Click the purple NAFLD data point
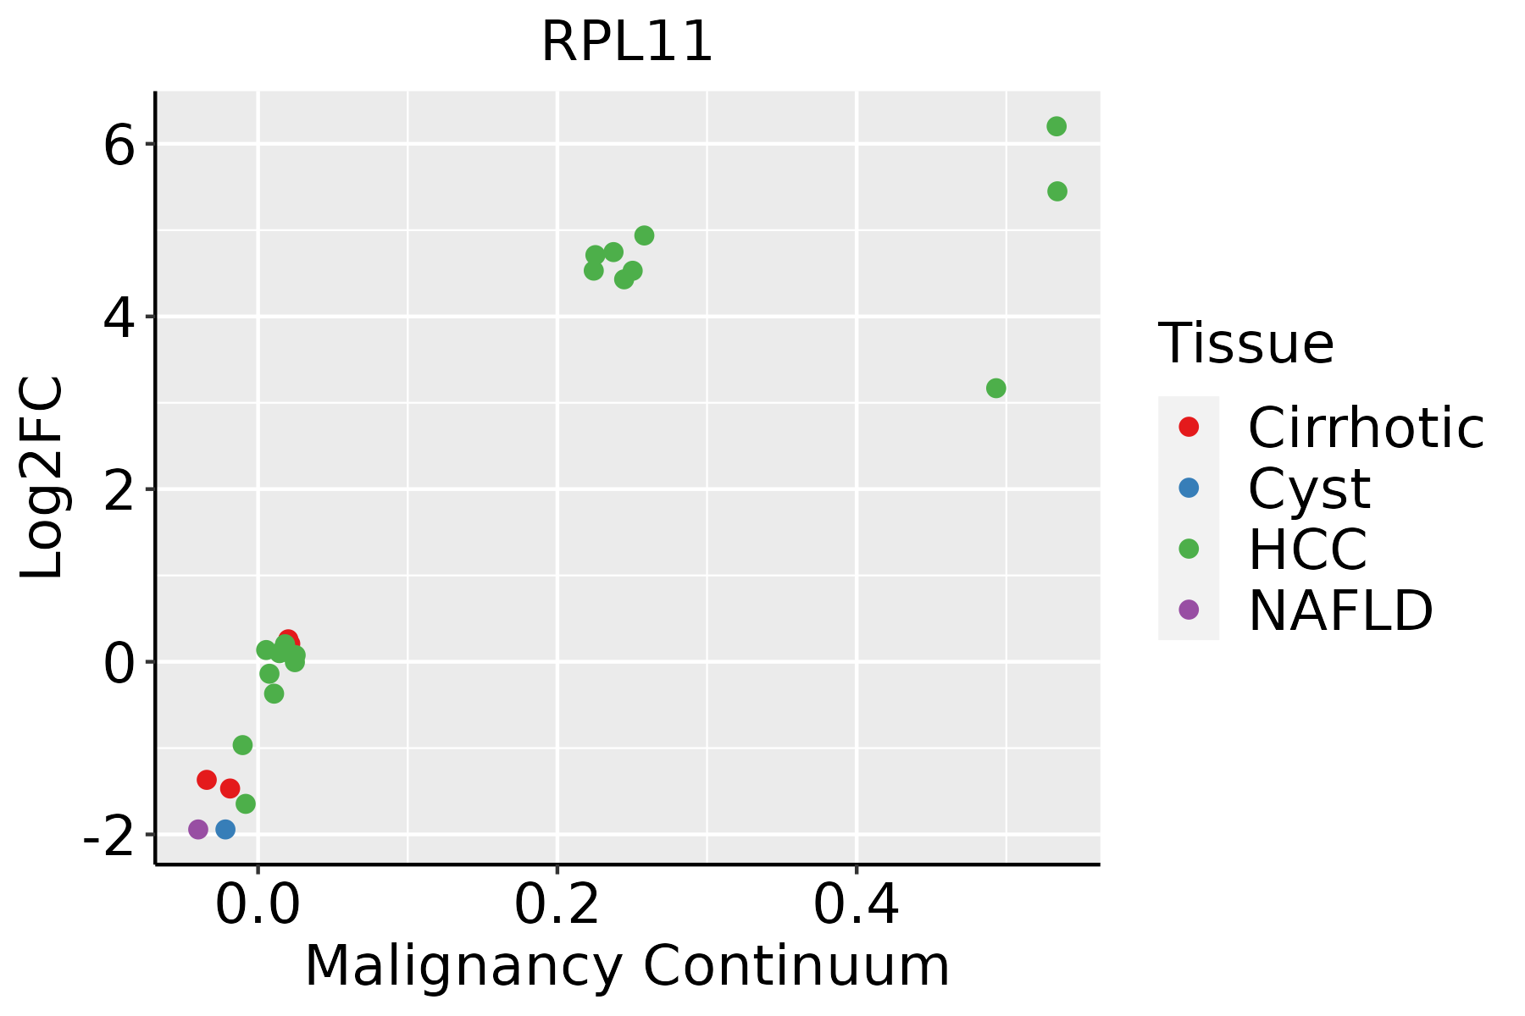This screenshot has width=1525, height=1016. (x=198, y=829)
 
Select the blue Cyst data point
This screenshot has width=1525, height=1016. (x=225, y=829)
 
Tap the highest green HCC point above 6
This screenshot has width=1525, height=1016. (x=1056, y=126)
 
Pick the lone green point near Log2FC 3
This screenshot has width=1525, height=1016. (x=996, y=388)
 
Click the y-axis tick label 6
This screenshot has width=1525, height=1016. (x=120, y=146)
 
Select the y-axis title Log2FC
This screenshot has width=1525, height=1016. (x=42, y=478)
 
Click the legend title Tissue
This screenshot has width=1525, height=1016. (x=1246, y=344)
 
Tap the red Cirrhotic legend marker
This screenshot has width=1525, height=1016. (x=1189, y=427)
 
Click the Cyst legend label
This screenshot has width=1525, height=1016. (x=1309, y=489)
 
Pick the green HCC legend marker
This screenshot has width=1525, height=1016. (x=1189, y=549)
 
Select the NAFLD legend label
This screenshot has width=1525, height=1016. (x=1340, y=610)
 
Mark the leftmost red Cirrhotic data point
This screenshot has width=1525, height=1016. (x=207, y=780)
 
